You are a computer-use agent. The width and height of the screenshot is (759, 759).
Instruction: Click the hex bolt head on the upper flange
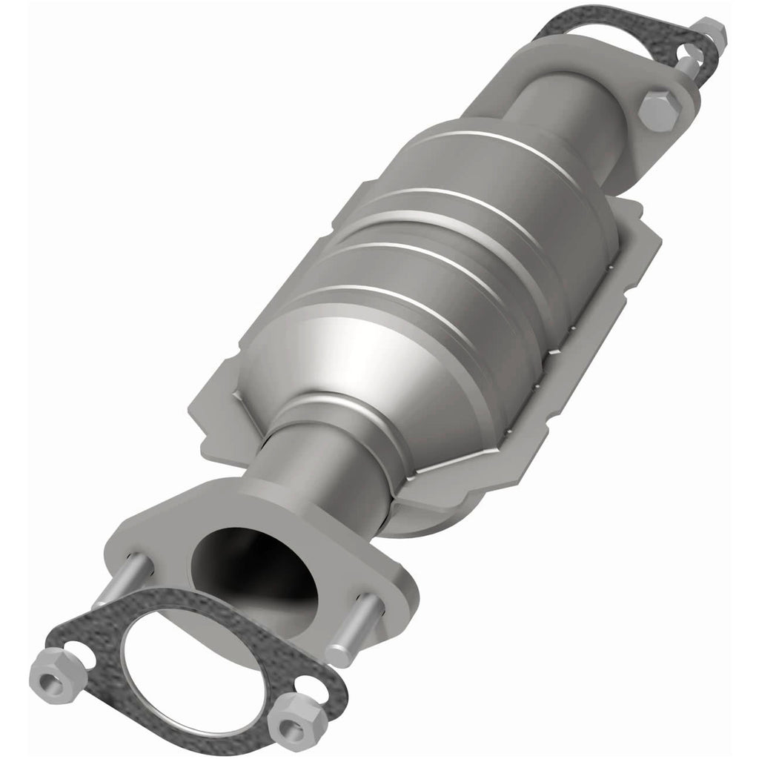click(x=657, y=110)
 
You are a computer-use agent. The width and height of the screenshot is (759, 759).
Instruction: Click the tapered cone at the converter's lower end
click(x=348, y=371)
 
